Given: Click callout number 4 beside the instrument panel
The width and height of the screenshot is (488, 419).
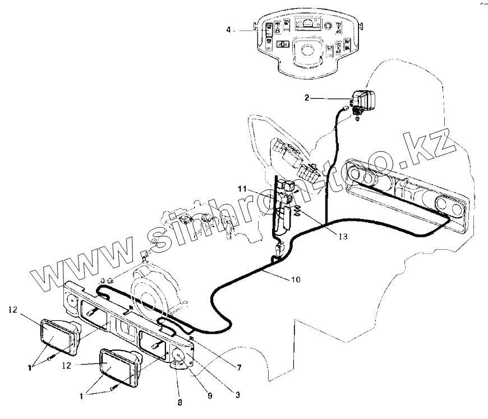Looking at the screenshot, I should coord(229,29).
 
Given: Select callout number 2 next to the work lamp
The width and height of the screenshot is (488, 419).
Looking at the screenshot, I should coord(306,99).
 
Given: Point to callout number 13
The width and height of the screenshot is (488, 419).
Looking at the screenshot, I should coord(342,237).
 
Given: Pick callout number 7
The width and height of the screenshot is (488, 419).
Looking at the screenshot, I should coord(239,367).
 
